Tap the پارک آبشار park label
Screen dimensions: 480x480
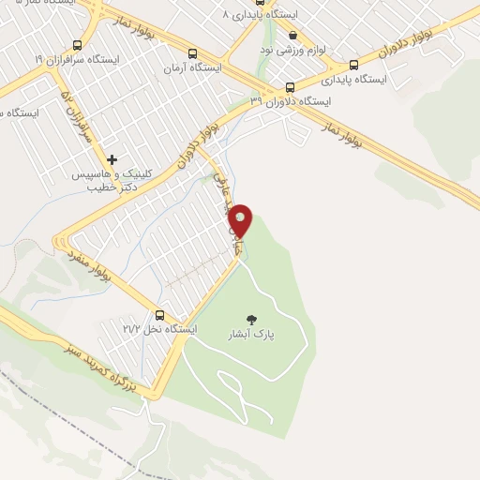(248, 334)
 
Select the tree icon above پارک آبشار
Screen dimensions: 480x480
(249, 319)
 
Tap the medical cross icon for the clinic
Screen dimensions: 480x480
(112, 160)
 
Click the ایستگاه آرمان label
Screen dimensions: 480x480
(192, 68)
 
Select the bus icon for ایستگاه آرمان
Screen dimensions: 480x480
(192, 53)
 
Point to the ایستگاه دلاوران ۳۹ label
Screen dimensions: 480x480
(287, 100)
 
